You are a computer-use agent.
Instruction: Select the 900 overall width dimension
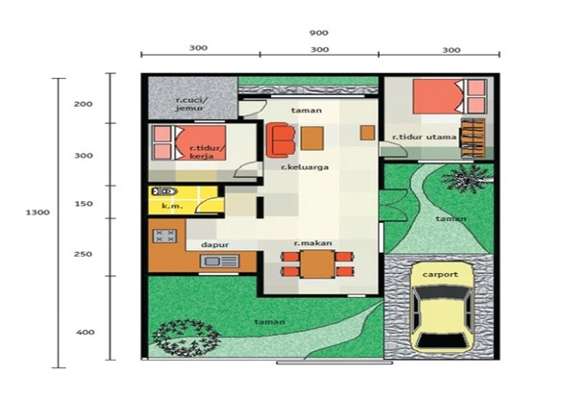point(318,33)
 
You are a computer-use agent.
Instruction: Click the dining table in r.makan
point(316,263)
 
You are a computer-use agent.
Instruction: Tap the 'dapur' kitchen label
point(213,244)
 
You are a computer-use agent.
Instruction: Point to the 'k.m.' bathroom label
point(172,206)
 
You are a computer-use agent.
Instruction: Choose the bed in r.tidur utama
point(449,96)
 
